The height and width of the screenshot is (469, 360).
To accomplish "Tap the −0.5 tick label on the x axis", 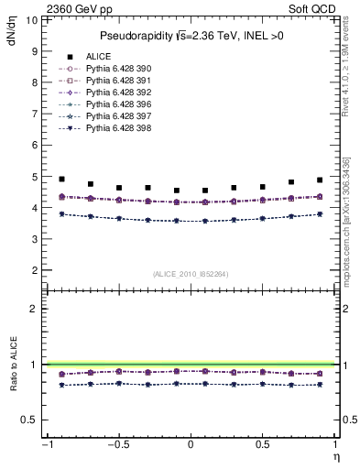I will click(x=116, y=445).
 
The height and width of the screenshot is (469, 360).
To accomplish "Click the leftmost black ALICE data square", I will click(x=61, y=180).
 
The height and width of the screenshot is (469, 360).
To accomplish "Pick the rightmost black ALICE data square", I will click(x=320, y=180).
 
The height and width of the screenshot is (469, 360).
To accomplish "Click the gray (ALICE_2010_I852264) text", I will click(x=191, y=274).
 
